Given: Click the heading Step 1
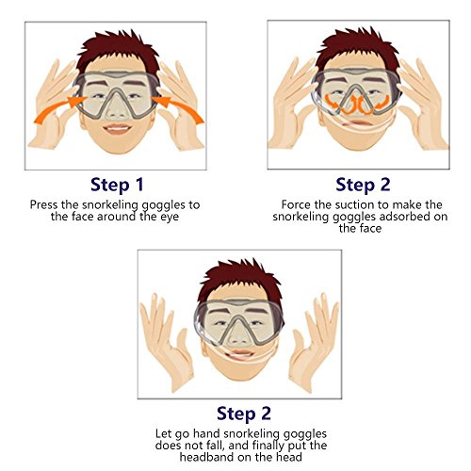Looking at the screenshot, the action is pos(117,185).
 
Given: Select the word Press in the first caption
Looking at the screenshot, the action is pos(44,204).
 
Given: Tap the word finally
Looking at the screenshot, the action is pos(268,446).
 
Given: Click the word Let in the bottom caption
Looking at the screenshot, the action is pos(164,434).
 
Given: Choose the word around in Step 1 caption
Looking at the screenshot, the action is pos(117,217).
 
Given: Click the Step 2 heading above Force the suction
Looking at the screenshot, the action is pos(363,185).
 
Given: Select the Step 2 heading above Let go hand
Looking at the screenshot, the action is pos(244,414).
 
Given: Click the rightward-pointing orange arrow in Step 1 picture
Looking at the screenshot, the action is pos(57,110).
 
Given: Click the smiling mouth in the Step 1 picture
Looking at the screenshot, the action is pos(117,129).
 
